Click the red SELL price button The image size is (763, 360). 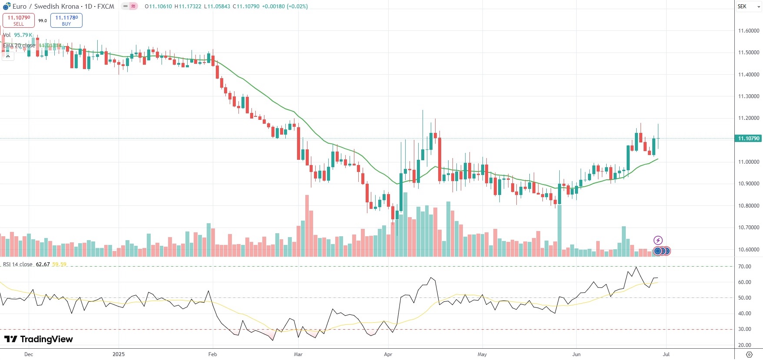click(19, 20)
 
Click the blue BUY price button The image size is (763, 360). click(66, 20)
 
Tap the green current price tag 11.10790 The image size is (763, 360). click(749, 139)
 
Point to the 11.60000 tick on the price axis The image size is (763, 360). click(749, 31)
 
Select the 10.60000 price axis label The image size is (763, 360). click(749, 250)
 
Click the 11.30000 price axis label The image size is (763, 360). click(749, 96)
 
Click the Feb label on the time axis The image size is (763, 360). click(212, 354)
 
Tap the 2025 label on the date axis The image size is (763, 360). click(119, 354)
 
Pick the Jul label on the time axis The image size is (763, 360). click(666, 354)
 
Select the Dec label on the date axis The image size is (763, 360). click(29, 354)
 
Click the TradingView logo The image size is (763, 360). click(39, 339)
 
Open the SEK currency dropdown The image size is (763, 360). click(748, 7)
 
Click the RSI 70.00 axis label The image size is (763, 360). click(744, 267)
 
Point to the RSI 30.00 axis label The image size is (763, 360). click(744, 329)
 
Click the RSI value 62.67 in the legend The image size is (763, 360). click(43, 264)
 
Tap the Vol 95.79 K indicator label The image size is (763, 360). click(17, 35)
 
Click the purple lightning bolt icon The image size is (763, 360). click(658, 240)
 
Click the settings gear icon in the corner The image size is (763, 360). click(749, 354)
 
